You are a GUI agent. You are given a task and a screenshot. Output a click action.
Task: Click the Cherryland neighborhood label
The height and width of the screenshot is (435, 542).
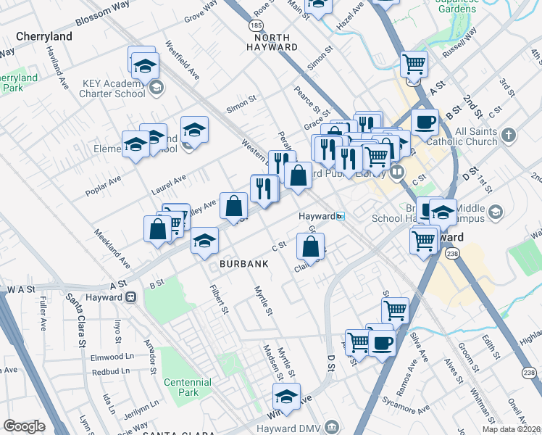[x=44, y=36]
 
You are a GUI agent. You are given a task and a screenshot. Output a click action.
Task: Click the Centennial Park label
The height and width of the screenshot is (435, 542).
[x=187, y=387]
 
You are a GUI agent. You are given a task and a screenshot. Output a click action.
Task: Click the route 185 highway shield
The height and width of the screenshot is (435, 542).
[x=256, y=25]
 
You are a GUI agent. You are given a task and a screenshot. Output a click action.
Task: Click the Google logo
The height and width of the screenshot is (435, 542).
[x=24, y=426]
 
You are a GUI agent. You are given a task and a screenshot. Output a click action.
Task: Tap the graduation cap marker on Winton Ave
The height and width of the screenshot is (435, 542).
[x=286, y=397]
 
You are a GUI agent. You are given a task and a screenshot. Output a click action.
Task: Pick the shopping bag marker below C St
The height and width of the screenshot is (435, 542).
[x=310, y=247]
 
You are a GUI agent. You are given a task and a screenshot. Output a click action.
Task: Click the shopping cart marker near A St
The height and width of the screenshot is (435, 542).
[x=413, y=65]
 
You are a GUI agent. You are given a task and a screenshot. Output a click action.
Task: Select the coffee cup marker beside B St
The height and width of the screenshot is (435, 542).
[x=425, y=122]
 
